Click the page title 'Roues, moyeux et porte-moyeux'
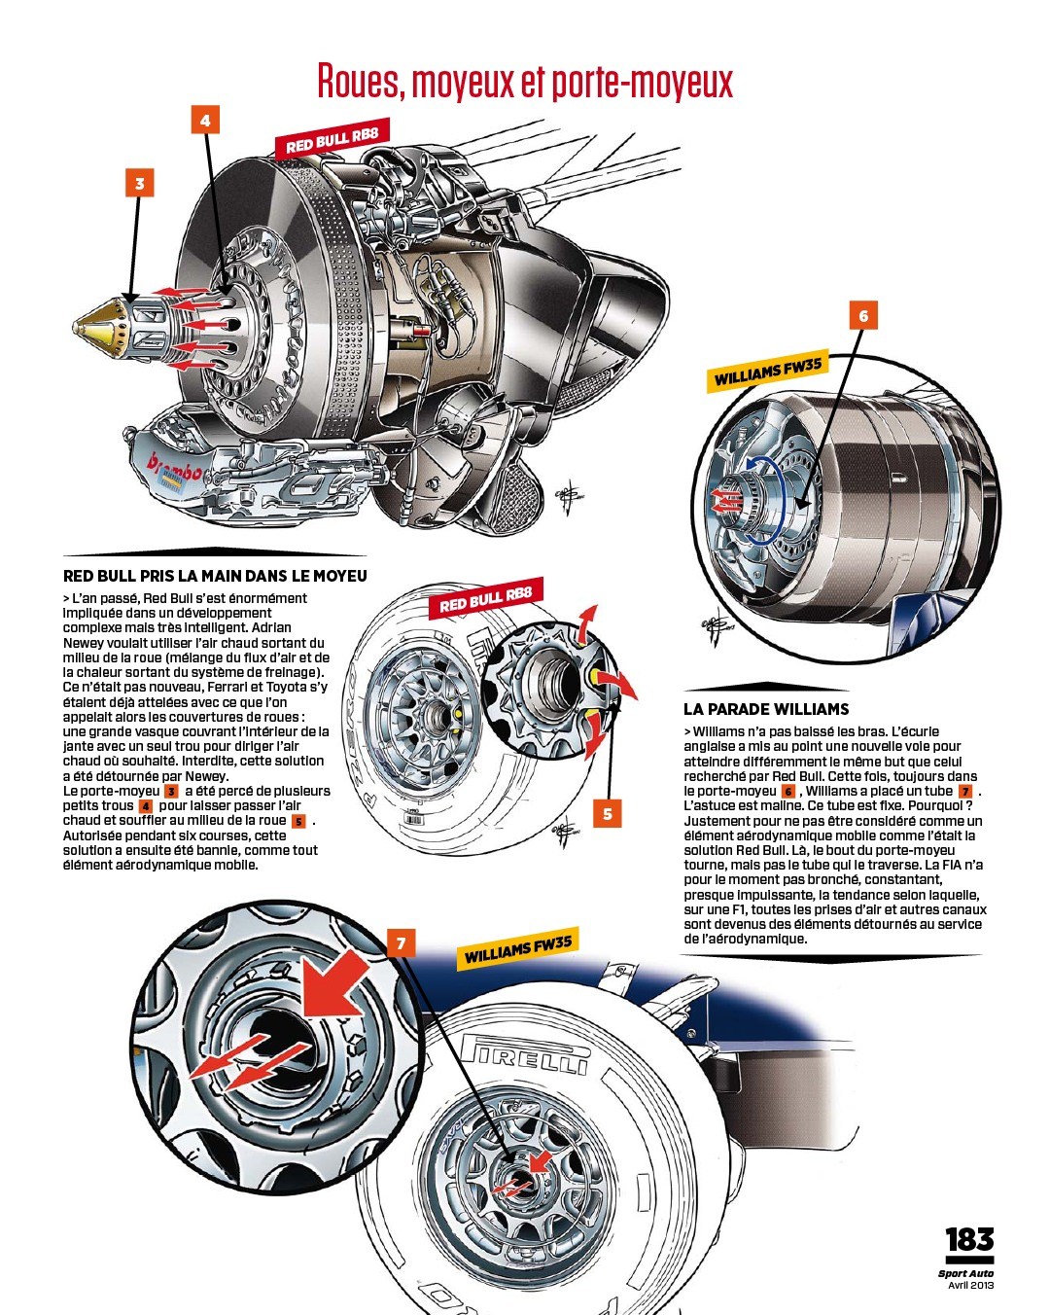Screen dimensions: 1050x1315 [x=525, y=82]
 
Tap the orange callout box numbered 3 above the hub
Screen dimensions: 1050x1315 [x=140, y=183]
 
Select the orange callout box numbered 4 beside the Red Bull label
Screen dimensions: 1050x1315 [x=205, y=120]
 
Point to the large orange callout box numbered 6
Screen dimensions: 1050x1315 [x=863, y=315]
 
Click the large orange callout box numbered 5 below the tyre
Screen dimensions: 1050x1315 [x=608, y=814]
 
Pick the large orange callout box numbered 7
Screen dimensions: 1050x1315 [x=402, y=943]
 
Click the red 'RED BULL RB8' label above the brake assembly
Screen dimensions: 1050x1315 [x=332, y=139]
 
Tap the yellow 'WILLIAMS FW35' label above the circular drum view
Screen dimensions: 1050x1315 [x=768, y=373]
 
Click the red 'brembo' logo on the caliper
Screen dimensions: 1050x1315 [x=176, y=469]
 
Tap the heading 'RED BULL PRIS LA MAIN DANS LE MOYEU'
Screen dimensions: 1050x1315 [x=215, y=576]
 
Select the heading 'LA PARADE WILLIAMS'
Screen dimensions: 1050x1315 [x=766, y=709]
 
